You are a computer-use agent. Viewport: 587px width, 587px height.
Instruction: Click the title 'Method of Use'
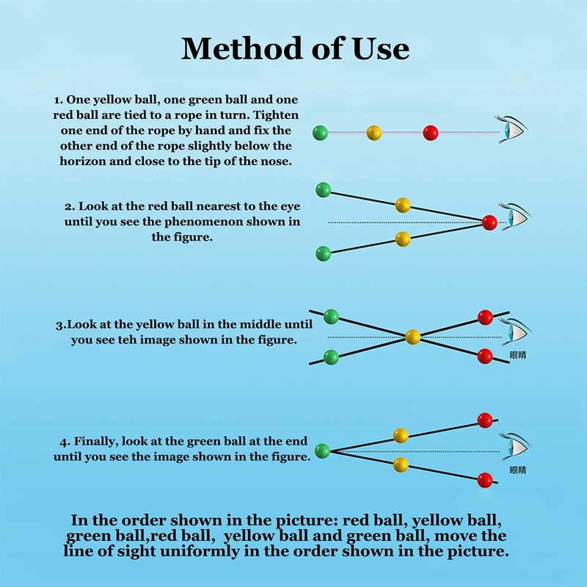tap(294, 48)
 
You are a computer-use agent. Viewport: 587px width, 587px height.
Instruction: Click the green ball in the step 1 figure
tap(320, 133)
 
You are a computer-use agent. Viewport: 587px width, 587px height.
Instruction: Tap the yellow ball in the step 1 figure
tap(374, 133)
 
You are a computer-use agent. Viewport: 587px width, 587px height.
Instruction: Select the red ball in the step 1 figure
tap(431, 133)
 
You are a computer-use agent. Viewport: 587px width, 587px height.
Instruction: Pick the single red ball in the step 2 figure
tap(489, 222)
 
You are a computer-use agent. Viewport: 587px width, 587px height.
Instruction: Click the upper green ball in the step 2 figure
tap(323, 190)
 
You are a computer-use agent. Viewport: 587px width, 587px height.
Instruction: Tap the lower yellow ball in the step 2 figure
tap(402, 238)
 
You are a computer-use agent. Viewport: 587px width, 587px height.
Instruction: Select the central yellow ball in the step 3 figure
tap(413, 337)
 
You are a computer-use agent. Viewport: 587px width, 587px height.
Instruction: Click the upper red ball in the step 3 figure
tap(485, 317)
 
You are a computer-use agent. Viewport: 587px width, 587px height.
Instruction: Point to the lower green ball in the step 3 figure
tap(331, 358)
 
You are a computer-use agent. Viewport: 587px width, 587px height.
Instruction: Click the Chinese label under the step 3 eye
tap(518, 355)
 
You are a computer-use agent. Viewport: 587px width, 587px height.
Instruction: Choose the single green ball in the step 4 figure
tap(321, 451)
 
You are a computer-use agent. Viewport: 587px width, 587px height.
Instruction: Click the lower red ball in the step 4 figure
tap(484, 481)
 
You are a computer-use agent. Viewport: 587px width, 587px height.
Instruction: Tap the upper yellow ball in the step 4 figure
tap(401, 436)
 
